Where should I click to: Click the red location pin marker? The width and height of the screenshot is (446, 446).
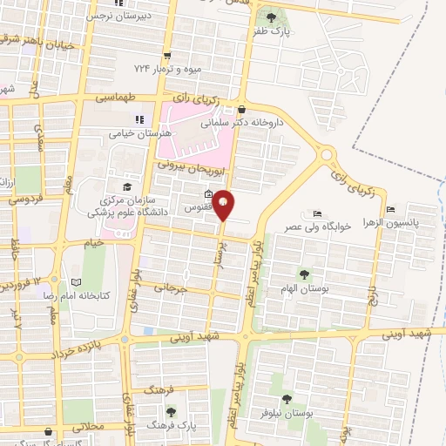click(223, 204)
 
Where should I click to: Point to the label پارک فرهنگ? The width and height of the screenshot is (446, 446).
click(169, 426)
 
